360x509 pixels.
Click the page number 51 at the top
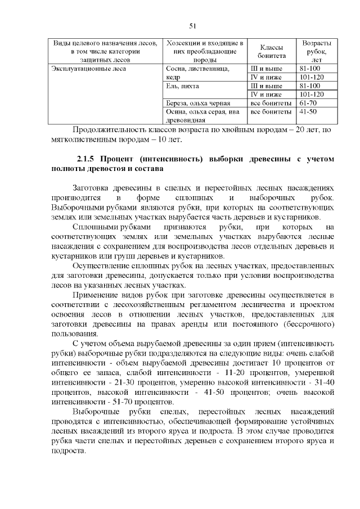pyautogui.click(x=192, y=26)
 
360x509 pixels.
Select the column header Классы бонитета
pyautogui.click(x=272, y=51)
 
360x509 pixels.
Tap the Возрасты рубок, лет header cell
pyautogui.click(x=316, y=51)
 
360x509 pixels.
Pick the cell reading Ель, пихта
pyautogui.click(x=183, y=86)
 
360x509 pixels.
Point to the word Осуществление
pyautogui.click(x=103, y=264)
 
